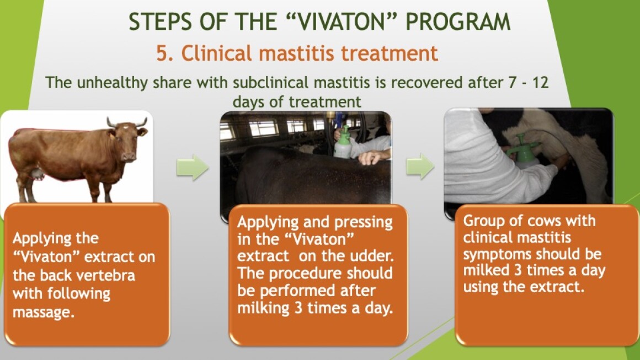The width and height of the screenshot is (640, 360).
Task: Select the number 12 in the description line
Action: pyautogui.click(x=540, y=83)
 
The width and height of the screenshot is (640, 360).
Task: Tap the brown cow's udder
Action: pyautogui.click(x=38, y=173)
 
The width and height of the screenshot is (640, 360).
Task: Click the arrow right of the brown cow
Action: pyautogui.click(x=193, y=167)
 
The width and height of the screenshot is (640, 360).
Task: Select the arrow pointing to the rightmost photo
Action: pyautogui.click(x=420, y=166)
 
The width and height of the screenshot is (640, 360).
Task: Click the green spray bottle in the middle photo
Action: pyautogui.click(x=343, y=142)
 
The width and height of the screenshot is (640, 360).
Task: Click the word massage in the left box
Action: pyautogui.click(x=43, y=313)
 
